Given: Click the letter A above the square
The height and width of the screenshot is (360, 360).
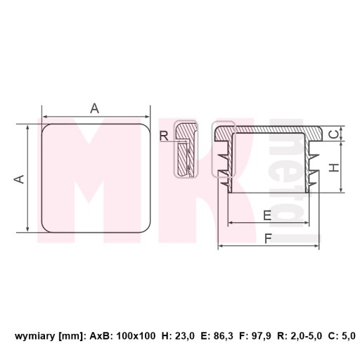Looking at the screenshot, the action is pyautogui.click(x=95, y=108).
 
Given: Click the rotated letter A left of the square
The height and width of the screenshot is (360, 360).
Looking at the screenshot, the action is pyautogui.click(x=19, y=179).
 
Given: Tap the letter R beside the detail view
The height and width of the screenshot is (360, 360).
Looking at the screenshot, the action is pyautogui.click(x=164, y=136).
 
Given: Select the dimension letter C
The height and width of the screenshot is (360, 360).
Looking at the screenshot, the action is pyautogui.click(x=335, y=134).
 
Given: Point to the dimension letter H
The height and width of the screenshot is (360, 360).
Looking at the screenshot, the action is pyautogui.click(x=334, y=167).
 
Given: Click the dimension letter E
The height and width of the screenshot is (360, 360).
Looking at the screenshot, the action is pyautogui.click(x=267, y=215).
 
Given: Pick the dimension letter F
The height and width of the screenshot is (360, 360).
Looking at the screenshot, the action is pyautogui.click(x=268, y=239).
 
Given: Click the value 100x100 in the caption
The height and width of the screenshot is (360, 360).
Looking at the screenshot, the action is pyautogui.click(x=136, y=336).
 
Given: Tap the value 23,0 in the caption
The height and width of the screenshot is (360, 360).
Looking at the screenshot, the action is pyautogui.click(x=185, y=336).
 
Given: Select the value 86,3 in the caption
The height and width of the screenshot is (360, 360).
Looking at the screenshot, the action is pyautogui.click(x=224, y=336).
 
